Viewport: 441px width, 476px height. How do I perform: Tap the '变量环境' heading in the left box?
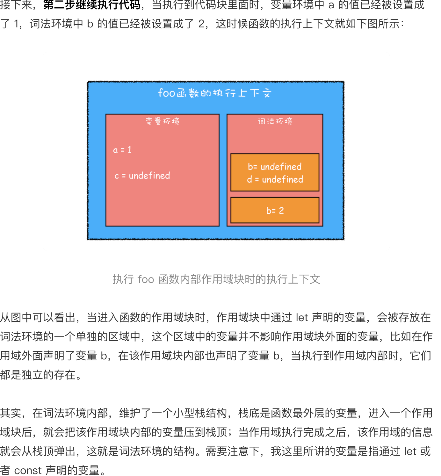tap(162, 121)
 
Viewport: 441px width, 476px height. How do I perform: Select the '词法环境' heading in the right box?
tap(275, 121)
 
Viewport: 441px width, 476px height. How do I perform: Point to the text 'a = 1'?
tap(122, 150)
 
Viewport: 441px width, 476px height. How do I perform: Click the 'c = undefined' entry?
tap(142, 176)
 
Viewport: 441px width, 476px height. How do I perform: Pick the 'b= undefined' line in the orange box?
tap(275, 167)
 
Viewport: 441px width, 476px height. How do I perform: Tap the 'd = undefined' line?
tap(275, 179)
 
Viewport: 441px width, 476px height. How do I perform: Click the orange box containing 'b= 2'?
tap(275, 210)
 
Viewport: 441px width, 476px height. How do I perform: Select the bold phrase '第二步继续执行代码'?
tap(92, 5)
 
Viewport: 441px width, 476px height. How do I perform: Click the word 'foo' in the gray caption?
tap(146, 279)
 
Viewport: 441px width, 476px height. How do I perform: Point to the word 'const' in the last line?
tap(28, 470)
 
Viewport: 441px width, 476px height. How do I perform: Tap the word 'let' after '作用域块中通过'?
tap(302, 318)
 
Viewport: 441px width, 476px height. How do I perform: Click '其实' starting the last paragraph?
tap(11, 413)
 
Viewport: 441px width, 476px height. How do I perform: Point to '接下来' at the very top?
tap(16, 5)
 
